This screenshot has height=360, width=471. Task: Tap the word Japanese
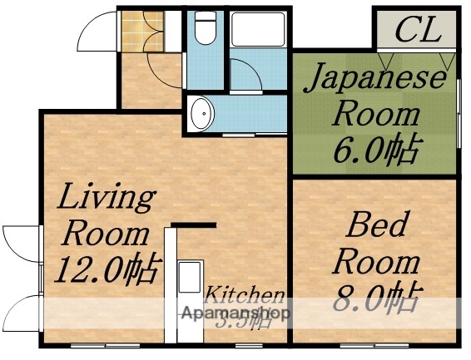click(x=374, y=81)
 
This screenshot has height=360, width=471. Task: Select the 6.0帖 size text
click(x=377, y=150)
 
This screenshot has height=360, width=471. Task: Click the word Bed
click(x=378, y=225)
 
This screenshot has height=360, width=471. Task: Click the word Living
click(x=106, y=199)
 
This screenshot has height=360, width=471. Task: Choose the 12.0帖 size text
click(x=107, y=270)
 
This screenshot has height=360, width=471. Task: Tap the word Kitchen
click(x=245, y=295)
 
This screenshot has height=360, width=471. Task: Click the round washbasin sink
click(x=201, y=115)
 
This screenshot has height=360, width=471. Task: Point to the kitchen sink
click(x=190, y=277)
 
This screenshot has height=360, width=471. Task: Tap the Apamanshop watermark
click(x=236, y=314)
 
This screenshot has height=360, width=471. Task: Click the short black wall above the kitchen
click(x=194, y=224)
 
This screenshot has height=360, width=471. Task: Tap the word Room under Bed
click(x=376, y=261)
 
